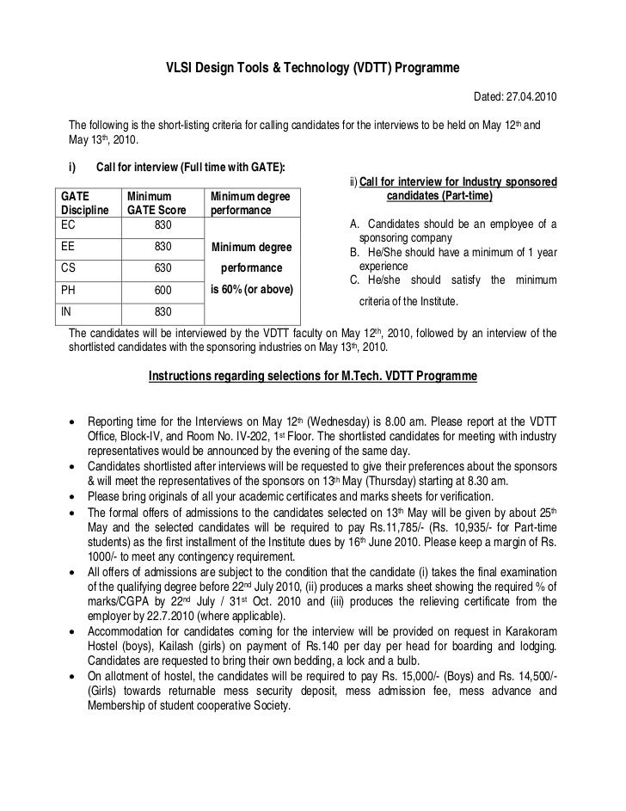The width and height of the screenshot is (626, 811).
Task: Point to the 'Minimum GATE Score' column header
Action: pos(157,203)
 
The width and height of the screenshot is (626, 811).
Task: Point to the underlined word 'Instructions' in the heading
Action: pos(181,377)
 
